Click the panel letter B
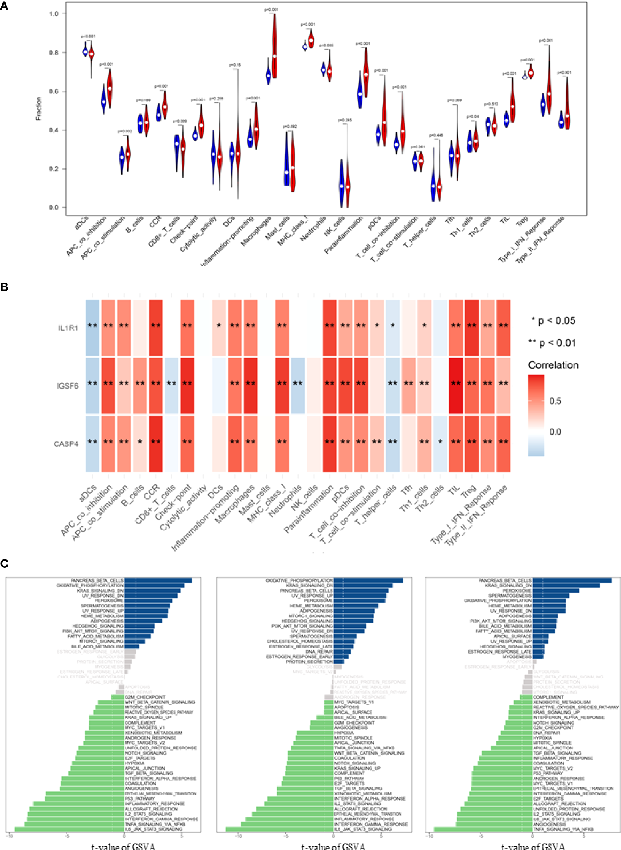[4, 287]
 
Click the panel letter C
[4, 563]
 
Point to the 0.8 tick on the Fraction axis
[54, 53]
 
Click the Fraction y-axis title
[38, 108]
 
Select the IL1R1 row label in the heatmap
[68, 328]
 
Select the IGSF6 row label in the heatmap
[67, 386]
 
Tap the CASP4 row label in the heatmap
[66, 444]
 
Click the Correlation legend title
[553, 365]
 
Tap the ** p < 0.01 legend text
[552, 343]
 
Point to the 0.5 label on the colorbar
[555, 401]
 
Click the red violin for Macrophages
[274, 48]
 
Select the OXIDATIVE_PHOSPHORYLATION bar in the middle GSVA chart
[368, 580]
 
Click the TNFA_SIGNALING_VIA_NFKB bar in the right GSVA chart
[483, 829]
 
